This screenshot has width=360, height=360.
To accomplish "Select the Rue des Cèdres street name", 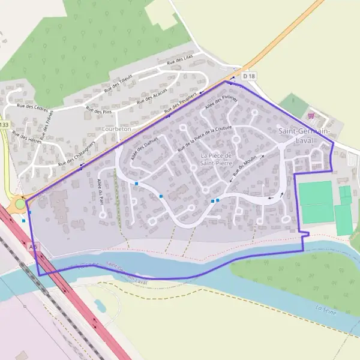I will click(32, 106).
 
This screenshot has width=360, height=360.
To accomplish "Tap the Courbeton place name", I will click(116, 129).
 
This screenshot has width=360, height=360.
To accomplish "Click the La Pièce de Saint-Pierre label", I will click(216, 158).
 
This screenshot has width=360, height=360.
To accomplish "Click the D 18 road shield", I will click(249, 77).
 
